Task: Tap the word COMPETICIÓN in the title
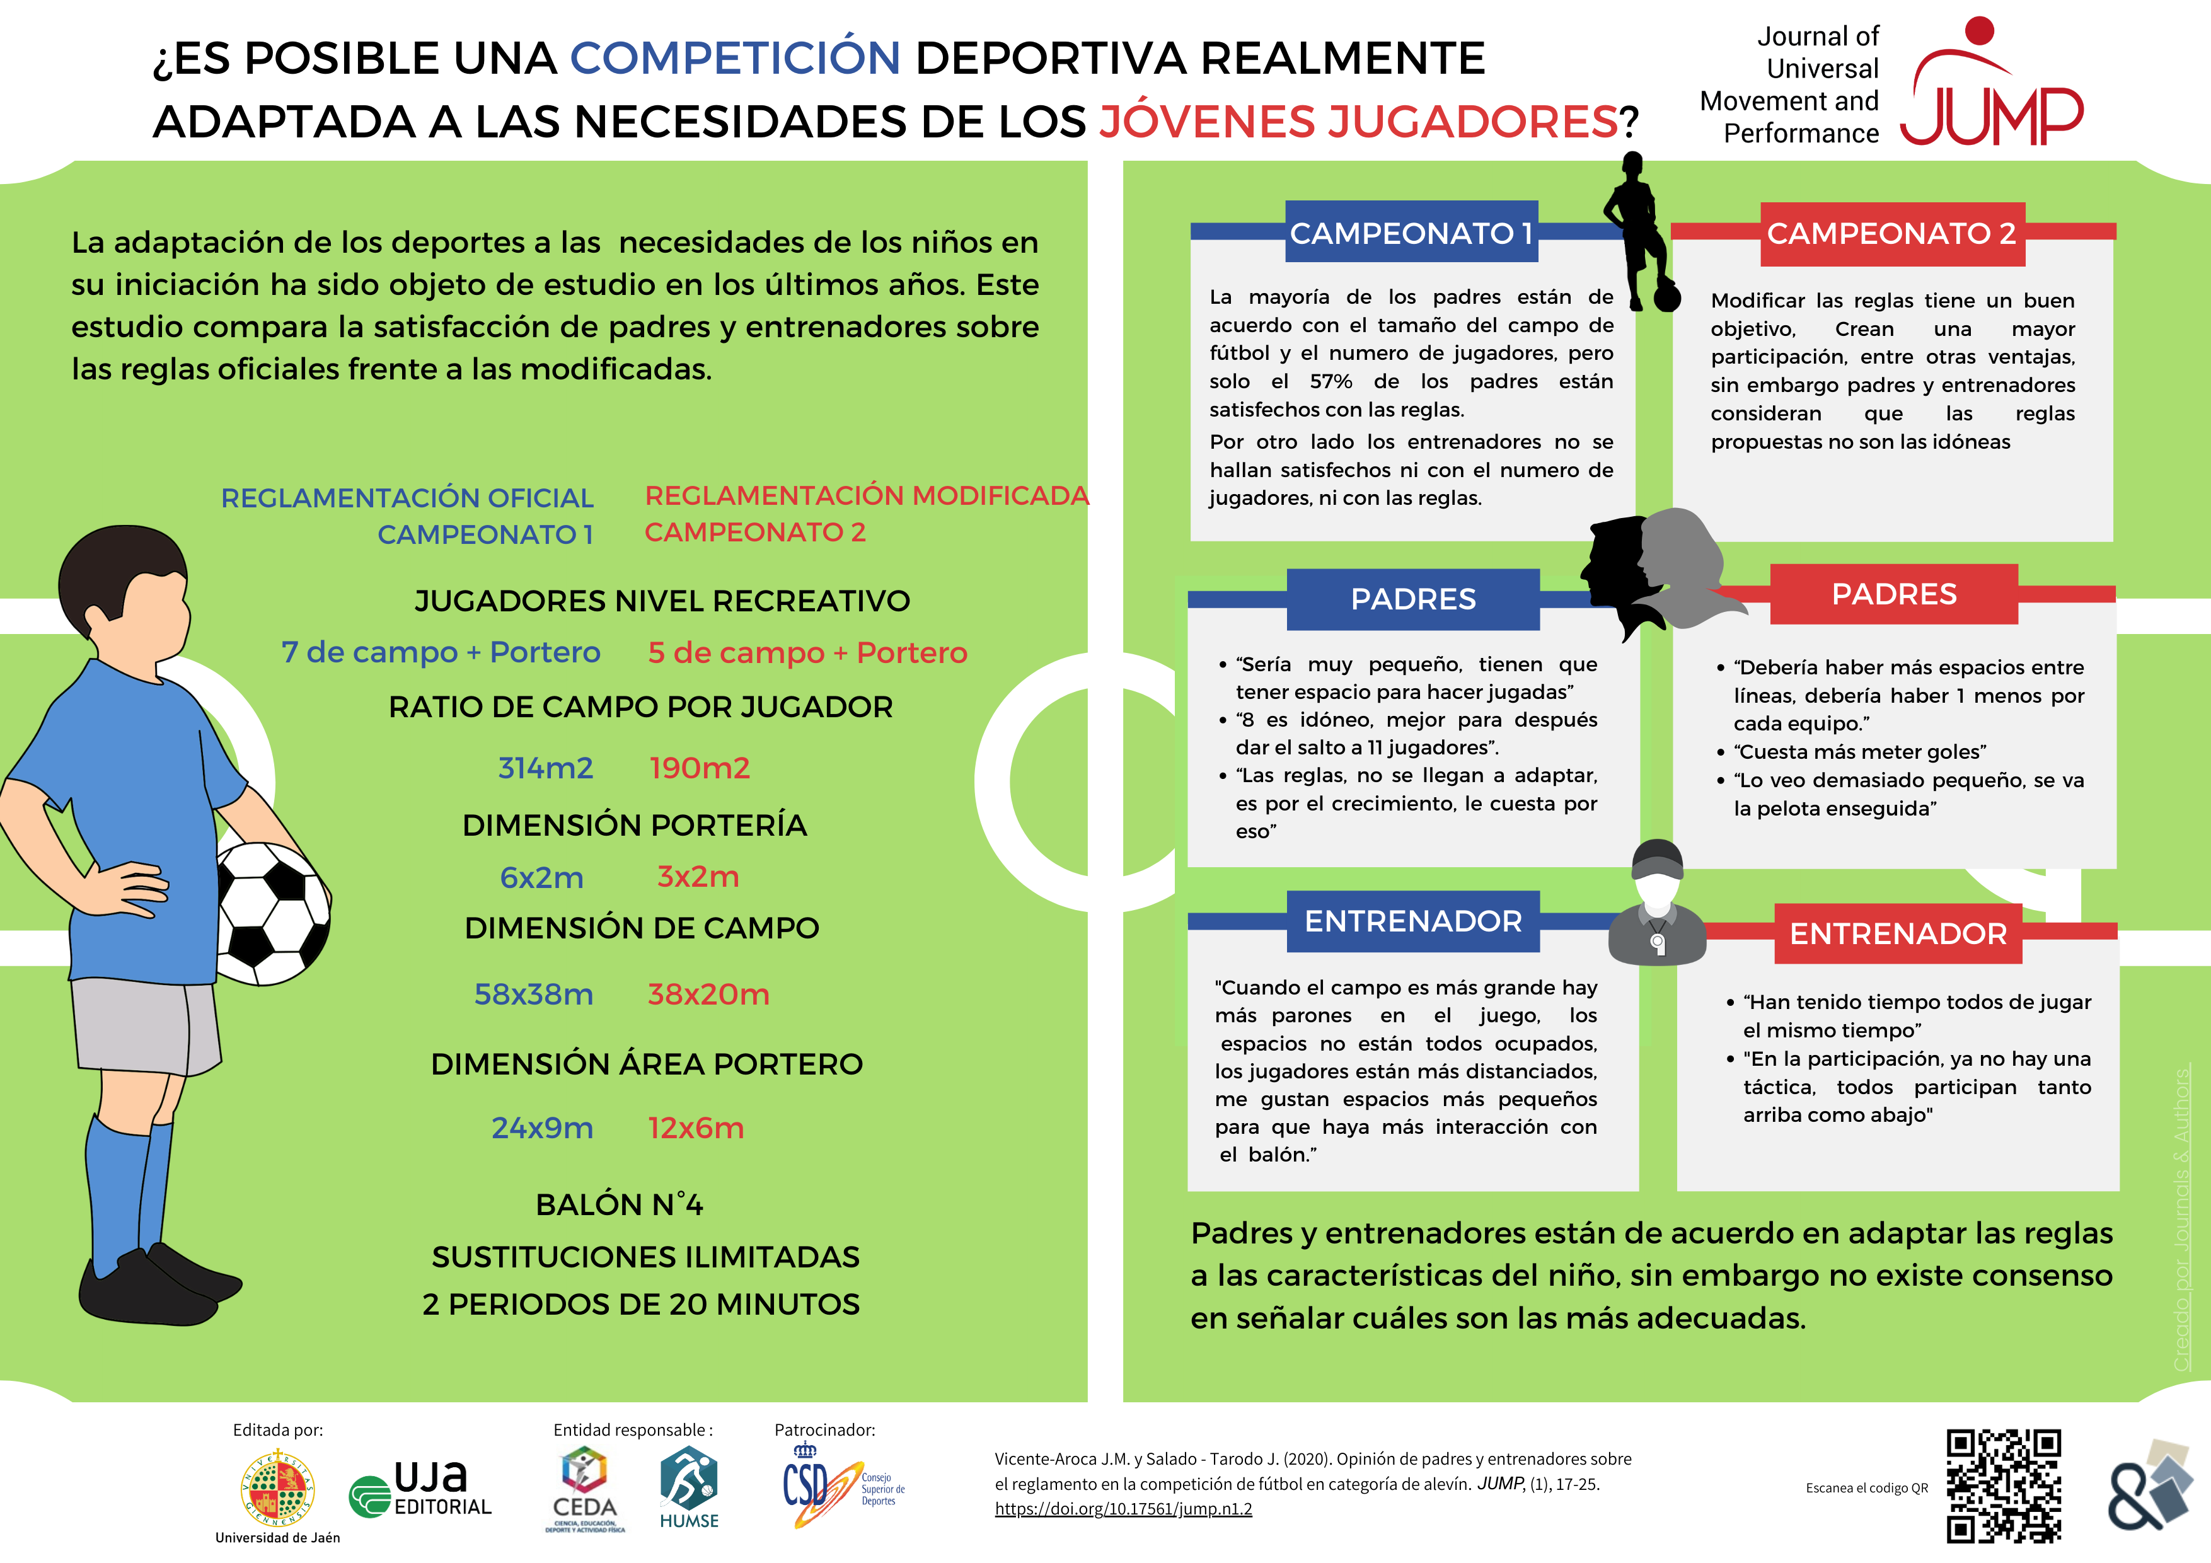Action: (735, 58)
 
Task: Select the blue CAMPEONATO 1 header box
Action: (1412, 233)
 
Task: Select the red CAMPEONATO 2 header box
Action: (1891, 233)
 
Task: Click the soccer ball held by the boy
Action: (272, 913)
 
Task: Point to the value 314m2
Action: (545, 768)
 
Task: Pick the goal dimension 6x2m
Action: (541, 877)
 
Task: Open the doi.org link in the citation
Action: (1123, 1509)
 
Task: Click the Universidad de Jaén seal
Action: (277, 1488)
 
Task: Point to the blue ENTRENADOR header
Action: (1412, 921)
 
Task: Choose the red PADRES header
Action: (1893, 594)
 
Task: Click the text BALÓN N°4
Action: (619, 1205)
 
